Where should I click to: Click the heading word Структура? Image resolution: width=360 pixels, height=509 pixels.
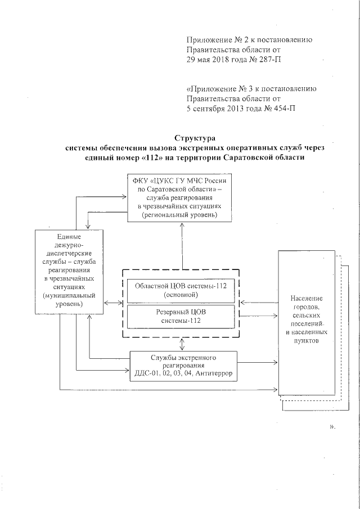195,137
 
